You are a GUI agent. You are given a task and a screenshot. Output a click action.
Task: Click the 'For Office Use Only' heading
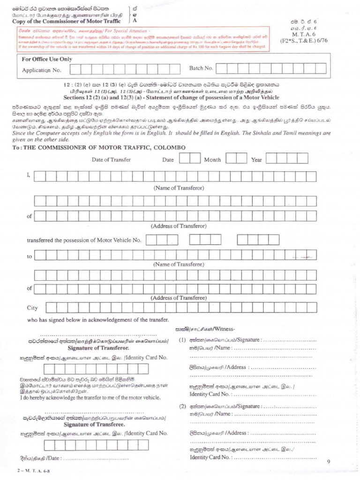[47, 59]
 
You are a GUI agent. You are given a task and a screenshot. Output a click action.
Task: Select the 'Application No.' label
[42, 70]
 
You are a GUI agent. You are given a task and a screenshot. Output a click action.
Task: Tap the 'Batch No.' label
[201, 68]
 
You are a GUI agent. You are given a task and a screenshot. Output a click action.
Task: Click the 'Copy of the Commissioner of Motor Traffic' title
[67, 21]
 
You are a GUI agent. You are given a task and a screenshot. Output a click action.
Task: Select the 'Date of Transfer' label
[111, 159]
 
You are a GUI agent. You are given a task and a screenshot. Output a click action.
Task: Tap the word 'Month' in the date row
[212, 159]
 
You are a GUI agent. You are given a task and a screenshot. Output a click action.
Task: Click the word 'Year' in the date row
[256, 160]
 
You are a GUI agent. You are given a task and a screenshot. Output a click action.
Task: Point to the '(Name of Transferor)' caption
[179, 187]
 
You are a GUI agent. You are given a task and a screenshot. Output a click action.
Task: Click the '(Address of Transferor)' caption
[178, 226]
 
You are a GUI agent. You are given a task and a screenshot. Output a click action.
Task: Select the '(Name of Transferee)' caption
[179, 264]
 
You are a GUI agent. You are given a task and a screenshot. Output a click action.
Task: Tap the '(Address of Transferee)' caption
[178, 298]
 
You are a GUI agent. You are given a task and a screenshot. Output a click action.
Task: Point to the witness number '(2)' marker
[183, 406]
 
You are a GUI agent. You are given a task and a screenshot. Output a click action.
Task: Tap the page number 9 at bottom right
[329, 462]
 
